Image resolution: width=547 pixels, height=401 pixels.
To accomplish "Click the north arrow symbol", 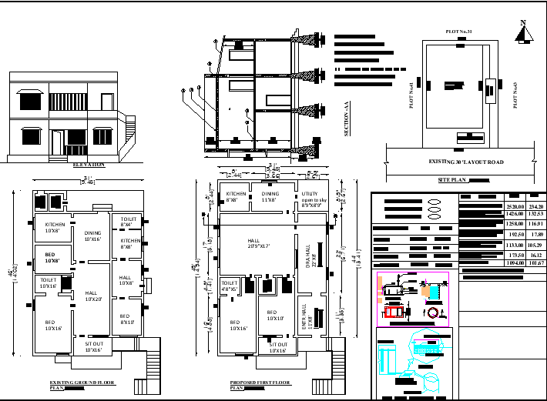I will click(x=524, y=33).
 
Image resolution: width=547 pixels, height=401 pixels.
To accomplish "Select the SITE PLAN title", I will click(x=453, y=179).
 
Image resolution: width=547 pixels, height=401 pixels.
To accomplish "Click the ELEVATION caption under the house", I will click(x=88, y=165).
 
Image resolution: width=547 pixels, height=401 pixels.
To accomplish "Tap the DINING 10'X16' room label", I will click(x=92, y=236).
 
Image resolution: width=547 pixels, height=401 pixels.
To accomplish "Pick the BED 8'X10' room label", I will click(x=125, y=319).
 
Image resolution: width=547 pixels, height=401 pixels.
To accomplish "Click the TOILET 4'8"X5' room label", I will click(x=230, y=285).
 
